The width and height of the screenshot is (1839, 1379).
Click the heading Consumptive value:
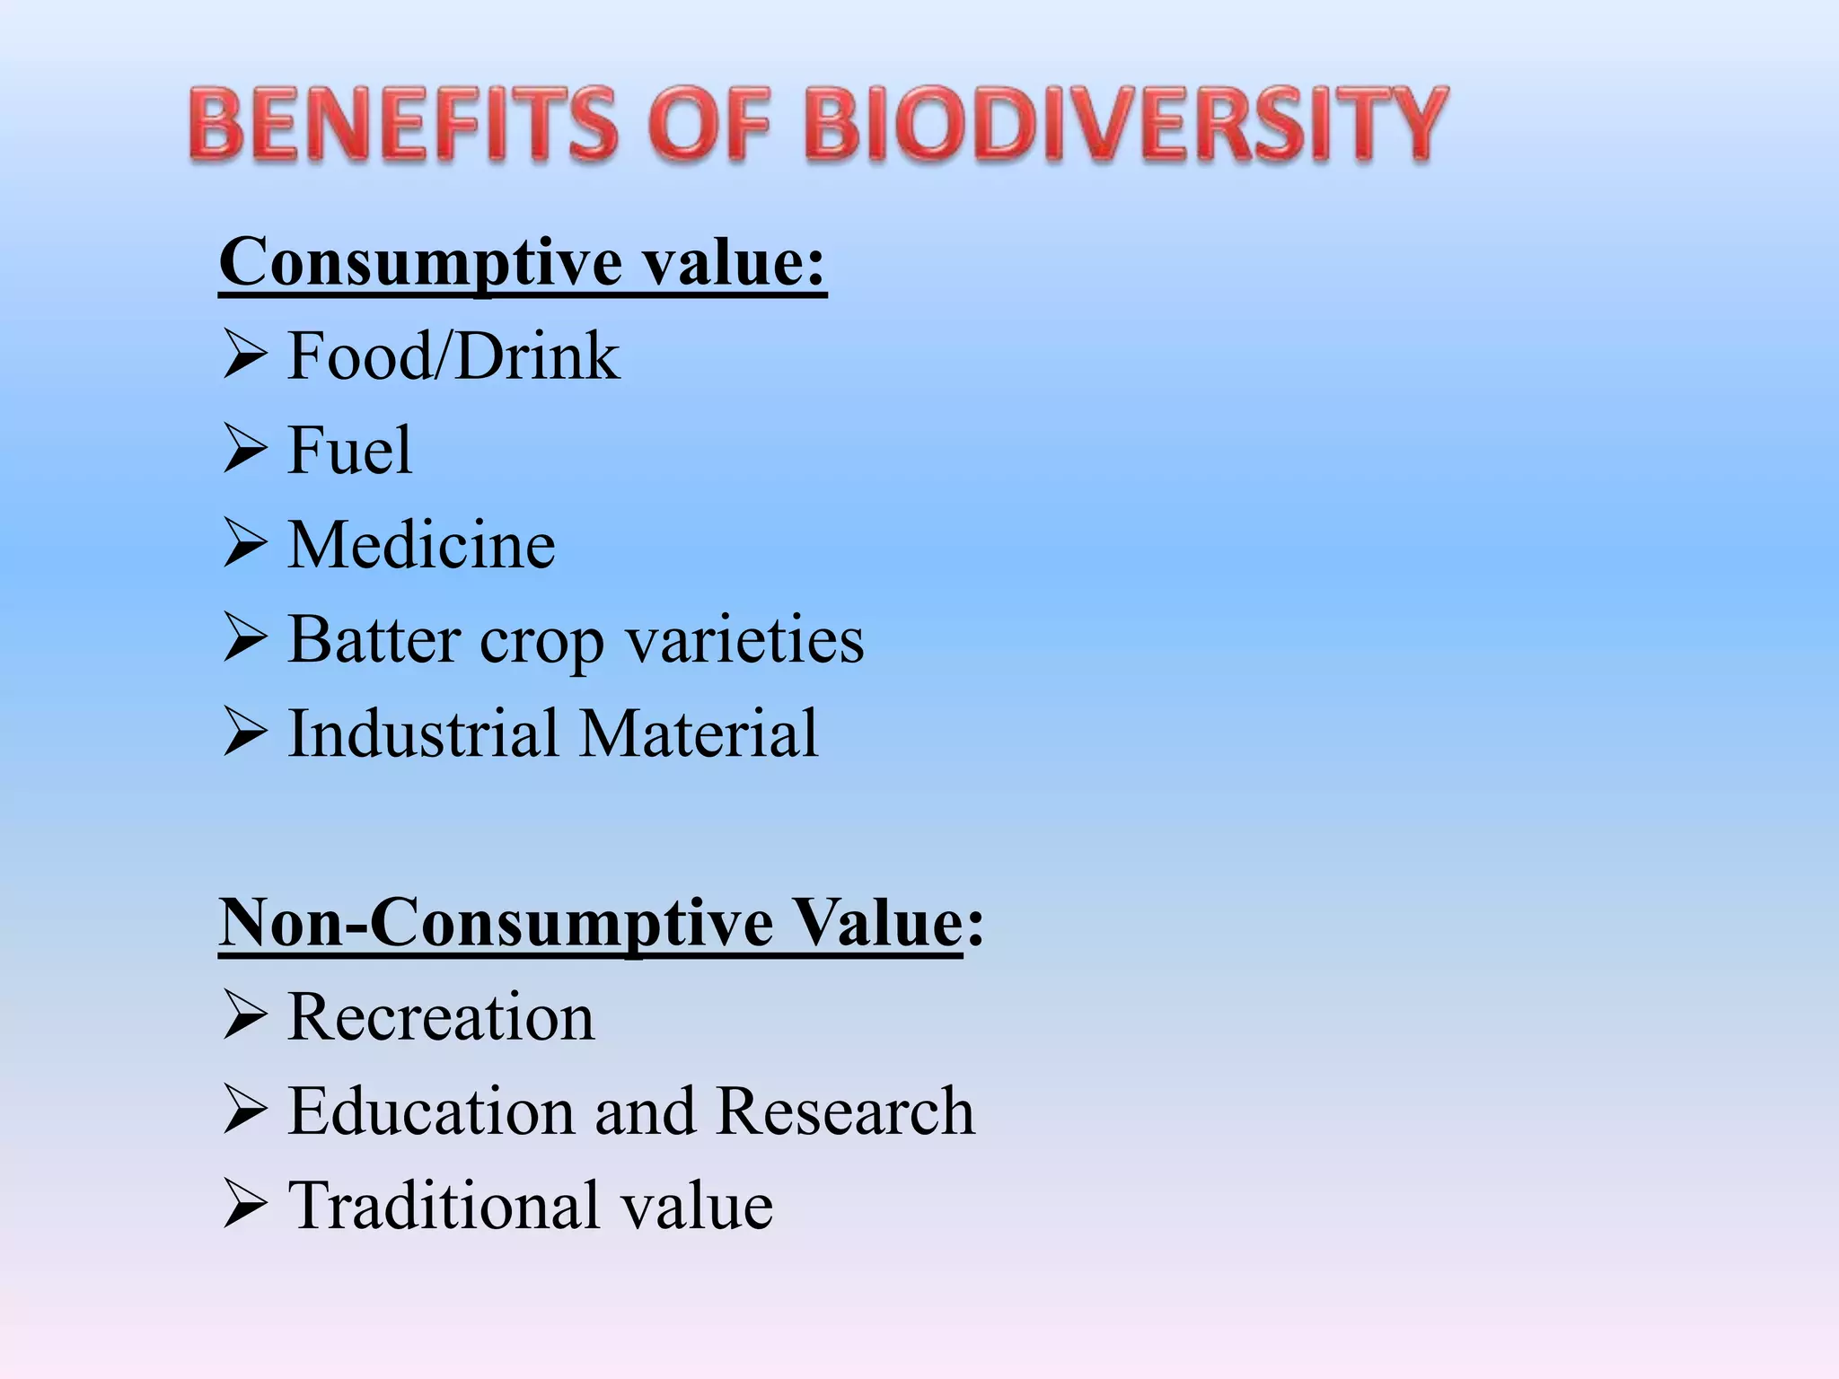click(x=522, y=262)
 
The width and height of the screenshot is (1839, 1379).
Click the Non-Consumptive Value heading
click(x=600, y=923)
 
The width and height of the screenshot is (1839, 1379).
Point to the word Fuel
click(x=348, y=451)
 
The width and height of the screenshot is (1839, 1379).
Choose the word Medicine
click(x=421, y=545)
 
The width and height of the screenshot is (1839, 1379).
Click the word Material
click(x=699, y=733)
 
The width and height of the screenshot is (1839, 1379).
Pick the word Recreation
click(x=440, y=1017)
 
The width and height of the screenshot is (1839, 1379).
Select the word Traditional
click(x=444, y=1206)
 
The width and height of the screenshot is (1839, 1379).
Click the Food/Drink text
click(x=453, y=356)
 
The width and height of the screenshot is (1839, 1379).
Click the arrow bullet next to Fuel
click(x=244, y=451)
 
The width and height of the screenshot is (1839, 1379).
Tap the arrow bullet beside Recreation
click(x=244, y=1017)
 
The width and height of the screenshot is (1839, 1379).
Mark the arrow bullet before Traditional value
click(x=244, y=1206)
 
